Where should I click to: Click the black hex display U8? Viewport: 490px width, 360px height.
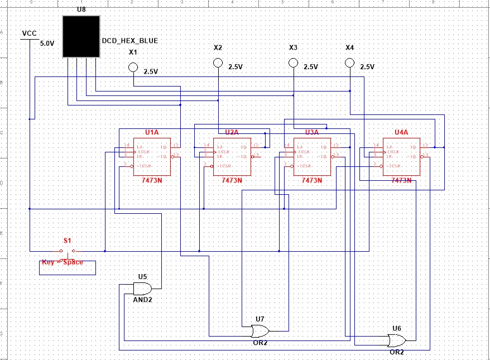coord(81,36)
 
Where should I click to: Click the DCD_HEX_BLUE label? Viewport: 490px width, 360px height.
coord(130,41)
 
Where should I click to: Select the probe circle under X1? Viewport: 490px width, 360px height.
coord(133,68)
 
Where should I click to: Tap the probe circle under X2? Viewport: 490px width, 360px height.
coord(218,63)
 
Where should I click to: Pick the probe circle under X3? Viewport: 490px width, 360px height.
coord(293,63)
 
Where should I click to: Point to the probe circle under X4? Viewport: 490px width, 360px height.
coord(349,63)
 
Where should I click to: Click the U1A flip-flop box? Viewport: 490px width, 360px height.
coord(152,156)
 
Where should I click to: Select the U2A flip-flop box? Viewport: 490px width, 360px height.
coord(232,156)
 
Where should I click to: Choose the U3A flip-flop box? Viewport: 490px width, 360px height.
coord(312,156)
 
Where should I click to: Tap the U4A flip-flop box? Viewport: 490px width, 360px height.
coord(401,156)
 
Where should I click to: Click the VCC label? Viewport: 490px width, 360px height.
coord(29,33)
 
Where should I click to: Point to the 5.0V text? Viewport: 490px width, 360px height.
coord(47,43)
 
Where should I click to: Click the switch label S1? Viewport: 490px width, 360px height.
coord(68,241)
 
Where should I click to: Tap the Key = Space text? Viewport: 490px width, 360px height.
coord(63,262)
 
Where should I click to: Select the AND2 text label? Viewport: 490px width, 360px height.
coord(142,300)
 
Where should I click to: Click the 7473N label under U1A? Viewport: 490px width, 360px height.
coord(152,180)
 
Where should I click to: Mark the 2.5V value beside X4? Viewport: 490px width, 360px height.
coord(367,66)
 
